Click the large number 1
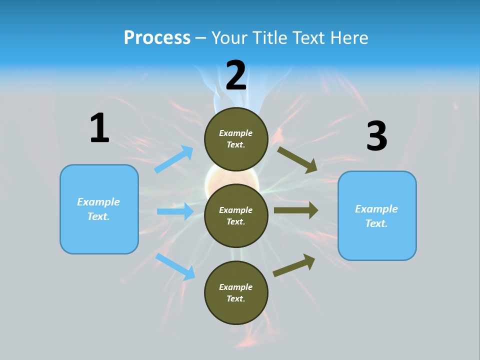point(99,128)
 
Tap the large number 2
point(236,75)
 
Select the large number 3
point(376,136)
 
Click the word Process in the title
point(157,37)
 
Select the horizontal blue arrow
point(175,211)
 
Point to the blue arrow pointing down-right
point(175,266)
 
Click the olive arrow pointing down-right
point(297,159)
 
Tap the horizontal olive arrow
point(296,210)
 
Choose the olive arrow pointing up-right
point(294,265)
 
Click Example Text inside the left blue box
point(98,209)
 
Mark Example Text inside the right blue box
point(376,216)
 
